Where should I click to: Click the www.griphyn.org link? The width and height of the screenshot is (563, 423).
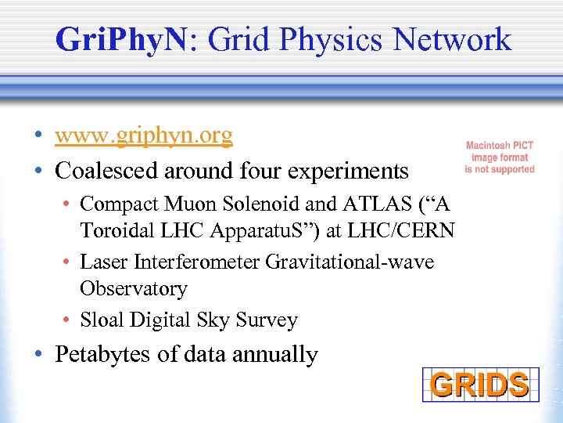144,136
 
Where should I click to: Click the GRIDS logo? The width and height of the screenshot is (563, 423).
479,385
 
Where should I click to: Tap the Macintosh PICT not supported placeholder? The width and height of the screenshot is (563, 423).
500,157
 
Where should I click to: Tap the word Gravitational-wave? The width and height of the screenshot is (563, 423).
350,262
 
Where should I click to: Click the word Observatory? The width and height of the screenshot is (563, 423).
134,289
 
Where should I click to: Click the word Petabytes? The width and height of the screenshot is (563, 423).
103,355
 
